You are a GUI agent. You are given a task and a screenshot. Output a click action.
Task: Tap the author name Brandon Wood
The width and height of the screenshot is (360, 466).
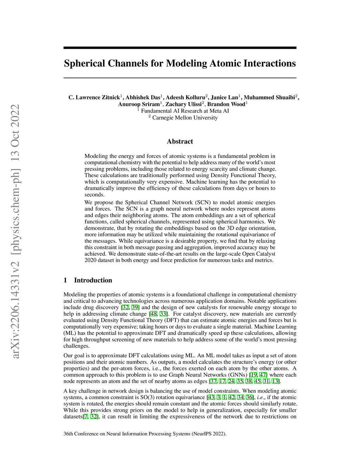pos(226,104)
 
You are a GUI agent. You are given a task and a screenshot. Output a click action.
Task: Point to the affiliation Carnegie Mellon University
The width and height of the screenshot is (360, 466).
pos(185,117)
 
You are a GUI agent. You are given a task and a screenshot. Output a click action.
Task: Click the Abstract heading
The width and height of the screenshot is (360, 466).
pos(180,141)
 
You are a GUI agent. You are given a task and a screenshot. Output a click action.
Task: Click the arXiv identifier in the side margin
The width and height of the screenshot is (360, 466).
pos(16,232)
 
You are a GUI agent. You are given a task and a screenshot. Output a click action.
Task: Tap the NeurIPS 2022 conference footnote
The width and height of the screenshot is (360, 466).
pos(145,434)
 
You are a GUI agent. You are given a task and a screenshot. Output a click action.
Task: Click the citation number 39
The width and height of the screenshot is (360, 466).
pos(135,307)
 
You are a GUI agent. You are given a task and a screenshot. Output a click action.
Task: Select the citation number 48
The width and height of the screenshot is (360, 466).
pos(153,314)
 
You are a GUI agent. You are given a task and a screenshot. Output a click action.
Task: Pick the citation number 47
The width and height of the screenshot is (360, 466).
pos(263,375)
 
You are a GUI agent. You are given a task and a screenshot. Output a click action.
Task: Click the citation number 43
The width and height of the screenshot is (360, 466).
pos(211,397)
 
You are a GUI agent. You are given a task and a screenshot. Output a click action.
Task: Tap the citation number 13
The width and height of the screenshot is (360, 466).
pos(275,381)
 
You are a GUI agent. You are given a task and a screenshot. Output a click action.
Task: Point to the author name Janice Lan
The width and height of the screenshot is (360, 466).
pos(224,97)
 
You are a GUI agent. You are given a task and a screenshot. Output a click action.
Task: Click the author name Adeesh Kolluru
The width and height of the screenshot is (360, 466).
pos(185,97)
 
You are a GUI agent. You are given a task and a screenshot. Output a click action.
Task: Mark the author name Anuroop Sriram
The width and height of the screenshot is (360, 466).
pos(139,104)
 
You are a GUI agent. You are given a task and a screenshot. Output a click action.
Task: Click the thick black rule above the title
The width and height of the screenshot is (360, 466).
pos(180,48)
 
